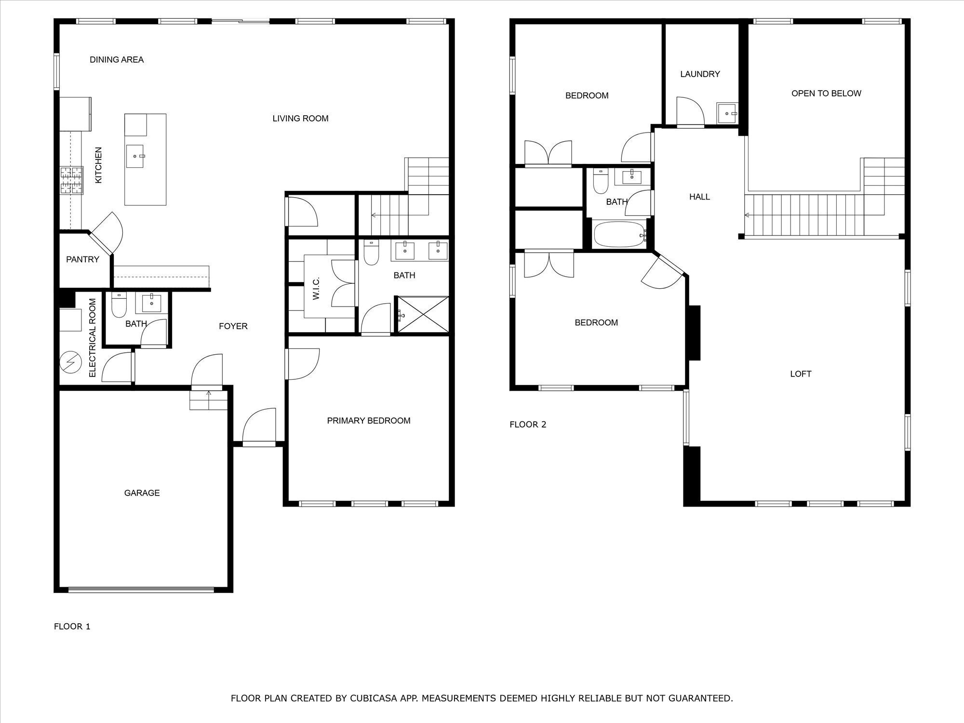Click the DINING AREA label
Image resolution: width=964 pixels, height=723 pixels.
click(117, 60)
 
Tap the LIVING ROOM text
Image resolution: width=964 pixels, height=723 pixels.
click(300, 119)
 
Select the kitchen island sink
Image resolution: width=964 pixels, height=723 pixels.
click(135, 157)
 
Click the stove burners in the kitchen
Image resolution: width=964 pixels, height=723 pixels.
click(71, 180)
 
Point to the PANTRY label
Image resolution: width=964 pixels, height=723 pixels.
click(82, 259)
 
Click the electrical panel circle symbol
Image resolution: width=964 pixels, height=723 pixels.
click(70, 362)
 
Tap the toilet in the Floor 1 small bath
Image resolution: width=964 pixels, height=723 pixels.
click(119, 305)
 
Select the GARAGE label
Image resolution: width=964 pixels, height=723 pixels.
click(142, 493)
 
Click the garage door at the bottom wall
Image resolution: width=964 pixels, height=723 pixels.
click(141, 589)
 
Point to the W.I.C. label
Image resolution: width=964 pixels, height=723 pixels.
click(316, 288)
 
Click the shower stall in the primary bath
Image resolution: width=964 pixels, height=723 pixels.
click(422, 314)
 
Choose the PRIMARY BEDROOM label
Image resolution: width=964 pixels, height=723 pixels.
click(369, 421)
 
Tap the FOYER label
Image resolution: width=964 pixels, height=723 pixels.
click(233, 326)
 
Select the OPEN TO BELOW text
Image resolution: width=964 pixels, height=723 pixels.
click(826, 94)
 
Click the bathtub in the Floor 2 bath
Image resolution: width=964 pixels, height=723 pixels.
click(619, 234)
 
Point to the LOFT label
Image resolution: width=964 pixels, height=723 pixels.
click(801, 374)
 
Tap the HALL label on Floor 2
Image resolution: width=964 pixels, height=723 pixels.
click(699, 197)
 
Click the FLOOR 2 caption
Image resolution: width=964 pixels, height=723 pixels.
click(528, 425)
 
